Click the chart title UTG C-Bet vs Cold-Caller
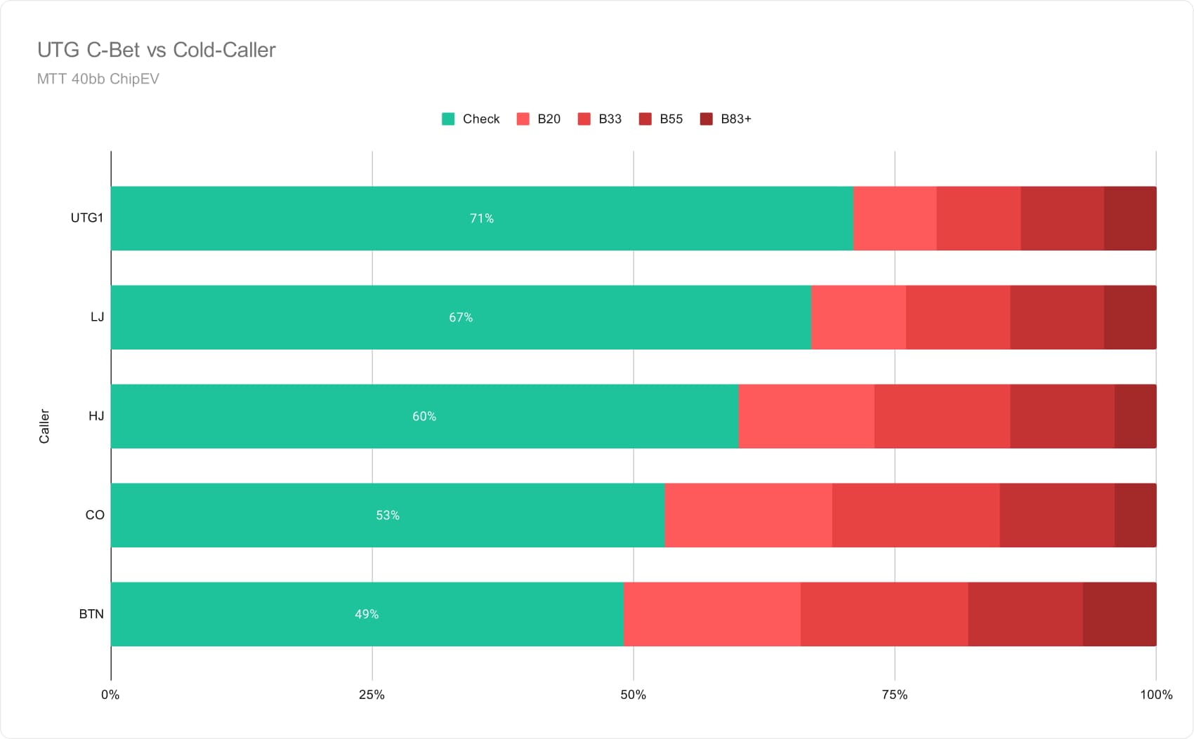pos(156,50)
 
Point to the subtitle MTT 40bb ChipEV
pos(98,79)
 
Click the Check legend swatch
pos(448,119)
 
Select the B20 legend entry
pos(539,119)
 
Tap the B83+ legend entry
pos(726,119)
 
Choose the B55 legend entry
pos(660,119)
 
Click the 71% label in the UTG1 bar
pos(481,218)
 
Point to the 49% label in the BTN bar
pos(367,614)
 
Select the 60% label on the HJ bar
pos(424,416)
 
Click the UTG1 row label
pos(87,218)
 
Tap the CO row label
pos(95,515)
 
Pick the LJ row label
pos(97,317)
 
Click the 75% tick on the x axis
pos(894,695)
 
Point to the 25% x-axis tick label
pos(372,695)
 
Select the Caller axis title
pos(44,426)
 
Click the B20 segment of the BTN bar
pos(712,614)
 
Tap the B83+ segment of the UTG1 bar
pos(1130,218)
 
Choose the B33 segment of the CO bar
pos(916,515)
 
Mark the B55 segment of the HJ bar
pos(1063,416)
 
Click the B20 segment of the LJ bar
pos(859,317)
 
